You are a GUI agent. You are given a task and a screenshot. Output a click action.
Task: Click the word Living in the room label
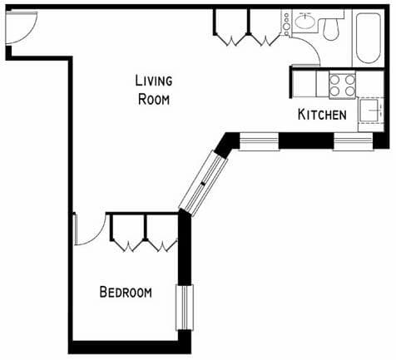pos(154,81)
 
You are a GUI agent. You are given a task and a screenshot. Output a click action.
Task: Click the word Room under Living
pos(154,99)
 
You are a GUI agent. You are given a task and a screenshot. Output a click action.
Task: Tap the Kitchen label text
pos(321,115)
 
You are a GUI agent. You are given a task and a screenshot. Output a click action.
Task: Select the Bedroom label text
pos(125,292)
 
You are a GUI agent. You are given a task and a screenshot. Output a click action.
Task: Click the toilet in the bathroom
pos(333,28)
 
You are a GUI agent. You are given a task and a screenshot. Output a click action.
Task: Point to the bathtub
pos(368,37)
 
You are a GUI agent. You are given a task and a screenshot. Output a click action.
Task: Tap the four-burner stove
pos(340,84)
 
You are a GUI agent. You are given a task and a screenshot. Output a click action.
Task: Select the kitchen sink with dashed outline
pos(369,111)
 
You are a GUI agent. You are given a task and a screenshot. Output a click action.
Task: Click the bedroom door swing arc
pos(87,230)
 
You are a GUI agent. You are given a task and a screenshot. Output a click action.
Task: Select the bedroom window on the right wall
pos(184,308)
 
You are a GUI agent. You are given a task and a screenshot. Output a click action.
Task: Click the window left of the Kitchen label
pos(258,141)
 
